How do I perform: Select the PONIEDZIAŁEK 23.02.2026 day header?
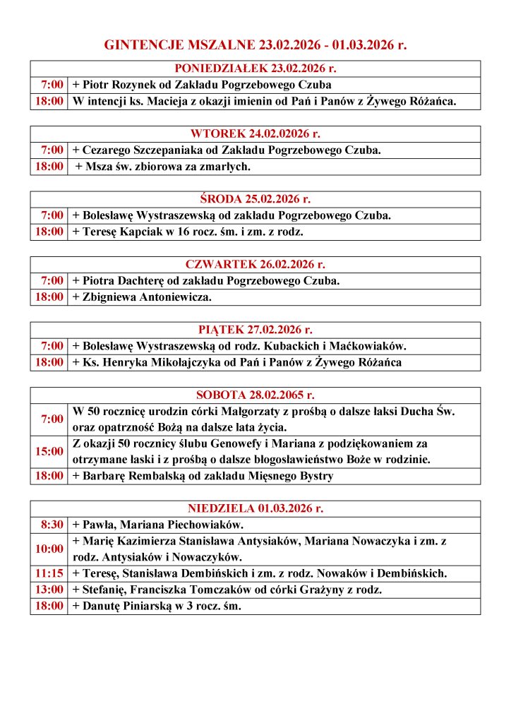(x=255, y=68)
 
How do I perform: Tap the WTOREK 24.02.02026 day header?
(x=255, y=133)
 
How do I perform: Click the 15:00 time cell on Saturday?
(x=49, y=451)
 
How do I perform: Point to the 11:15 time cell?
(x=49, y=573)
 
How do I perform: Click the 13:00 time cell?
(x=49, y=590)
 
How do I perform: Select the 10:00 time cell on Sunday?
(x=49, y=549)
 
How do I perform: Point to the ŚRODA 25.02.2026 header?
(x=255, y=199)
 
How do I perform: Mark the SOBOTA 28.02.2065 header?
(x=255, y=395)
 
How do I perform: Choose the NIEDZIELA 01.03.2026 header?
(x=255, y=508)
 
